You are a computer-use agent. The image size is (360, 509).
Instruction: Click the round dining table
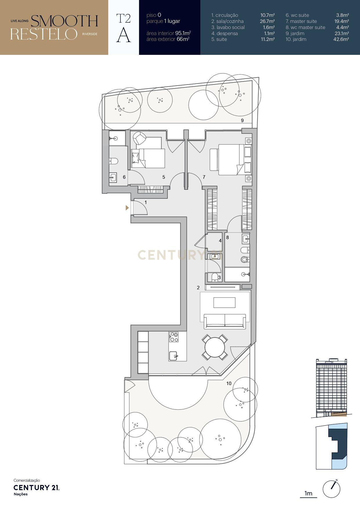(215, 347)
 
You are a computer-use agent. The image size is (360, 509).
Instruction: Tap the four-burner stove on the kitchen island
(174, 337)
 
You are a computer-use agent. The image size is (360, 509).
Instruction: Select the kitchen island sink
(173, 355)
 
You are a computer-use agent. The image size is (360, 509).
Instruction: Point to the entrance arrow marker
(127, 208)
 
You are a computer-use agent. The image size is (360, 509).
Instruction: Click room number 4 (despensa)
(220, 241)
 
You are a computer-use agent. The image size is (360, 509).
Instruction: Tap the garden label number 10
(229, 383)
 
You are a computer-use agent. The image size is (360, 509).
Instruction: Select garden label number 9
(242, 120)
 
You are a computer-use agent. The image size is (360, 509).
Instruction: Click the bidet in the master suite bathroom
(245, 259)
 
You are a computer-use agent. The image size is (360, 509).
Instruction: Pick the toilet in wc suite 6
(113, 161)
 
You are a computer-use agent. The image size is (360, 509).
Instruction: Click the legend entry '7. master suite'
(301, 21)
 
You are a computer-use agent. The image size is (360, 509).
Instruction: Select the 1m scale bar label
(308, 493)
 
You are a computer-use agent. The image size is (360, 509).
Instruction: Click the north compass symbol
(331, 489)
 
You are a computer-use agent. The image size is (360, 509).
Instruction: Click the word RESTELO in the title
(44, 34)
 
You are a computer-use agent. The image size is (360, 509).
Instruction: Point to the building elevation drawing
(331, 387)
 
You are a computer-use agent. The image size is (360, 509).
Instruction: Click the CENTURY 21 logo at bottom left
(36, 488)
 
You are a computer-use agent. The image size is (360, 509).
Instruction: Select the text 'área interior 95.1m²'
(169, 33)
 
